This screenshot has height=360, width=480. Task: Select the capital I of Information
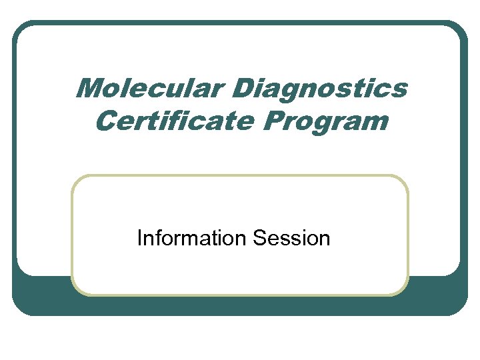coord(139,238)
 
